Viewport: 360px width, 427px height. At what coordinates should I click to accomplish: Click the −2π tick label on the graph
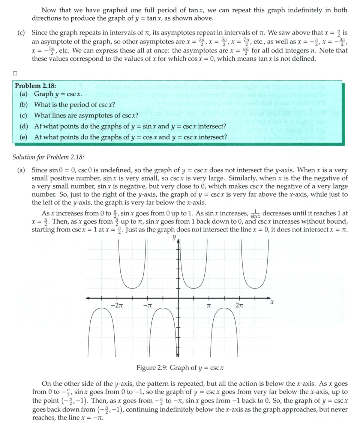tap(117, 305)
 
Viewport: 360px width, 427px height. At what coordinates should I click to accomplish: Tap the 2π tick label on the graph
tap(240, 305)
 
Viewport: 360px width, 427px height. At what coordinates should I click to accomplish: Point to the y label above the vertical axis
tap(174, 238)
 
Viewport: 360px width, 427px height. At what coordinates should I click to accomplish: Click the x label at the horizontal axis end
tap(272, 302)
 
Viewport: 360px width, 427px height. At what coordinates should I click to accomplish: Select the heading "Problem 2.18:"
tap(36, 86)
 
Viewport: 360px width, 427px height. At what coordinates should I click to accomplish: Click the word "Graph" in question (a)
tap(43, 94)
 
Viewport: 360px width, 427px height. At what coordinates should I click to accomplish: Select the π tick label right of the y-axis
tap(209, 305)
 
